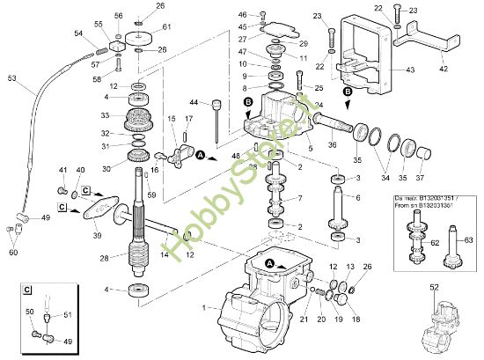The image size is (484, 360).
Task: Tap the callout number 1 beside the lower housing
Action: (x=205, y=307)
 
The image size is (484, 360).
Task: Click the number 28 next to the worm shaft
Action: (x=105, y=258)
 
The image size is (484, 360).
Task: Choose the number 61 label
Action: (x=166, y=27)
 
